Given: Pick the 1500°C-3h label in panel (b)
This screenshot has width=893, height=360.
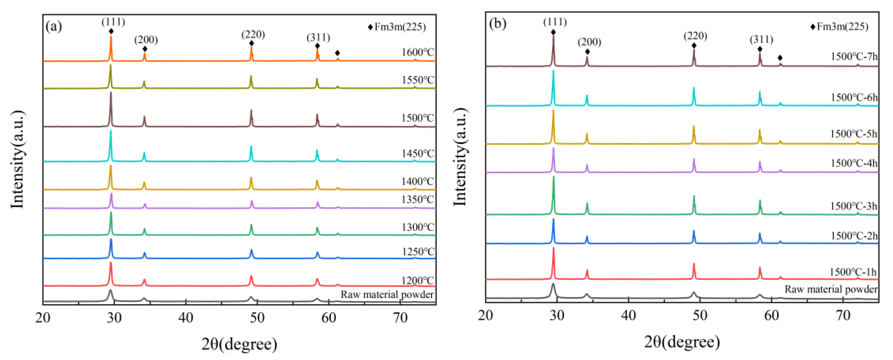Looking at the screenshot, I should [853, 206].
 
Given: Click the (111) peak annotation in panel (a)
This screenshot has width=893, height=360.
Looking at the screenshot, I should [113, 22].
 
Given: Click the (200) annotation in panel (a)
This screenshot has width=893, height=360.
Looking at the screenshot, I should [146, 40].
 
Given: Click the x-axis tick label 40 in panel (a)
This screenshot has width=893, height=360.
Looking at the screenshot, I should [186, 317].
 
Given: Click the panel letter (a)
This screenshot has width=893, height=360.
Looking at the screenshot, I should [54, 26].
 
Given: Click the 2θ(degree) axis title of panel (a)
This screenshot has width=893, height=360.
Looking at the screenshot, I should [239, 344].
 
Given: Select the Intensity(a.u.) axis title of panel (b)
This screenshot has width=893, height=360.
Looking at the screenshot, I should [460, 157].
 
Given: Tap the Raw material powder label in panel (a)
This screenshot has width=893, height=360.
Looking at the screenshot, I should [387, 294].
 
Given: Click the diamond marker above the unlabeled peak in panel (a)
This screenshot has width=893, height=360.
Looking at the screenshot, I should [337, 53].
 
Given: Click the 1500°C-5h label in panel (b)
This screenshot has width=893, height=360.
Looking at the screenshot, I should [853, 134].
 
